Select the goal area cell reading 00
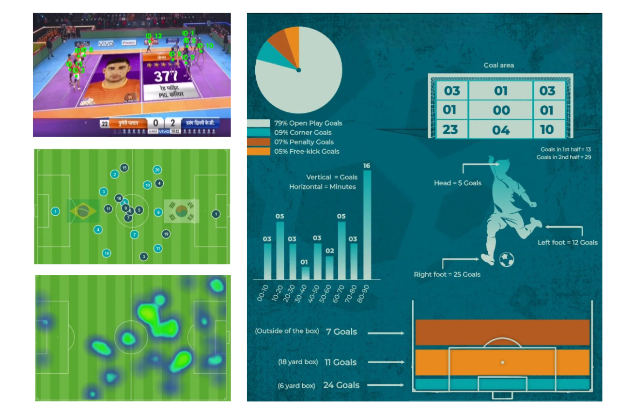pos(501,110)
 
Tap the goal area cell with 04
pos(501,130)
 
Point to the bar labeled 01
pos(305,273)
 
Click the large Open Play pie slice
pos(310,87)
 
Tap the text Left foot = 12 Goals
pos(568,242)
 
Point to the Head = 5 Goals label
pos(458,183)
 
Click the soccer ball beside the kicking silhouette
pos(506,260)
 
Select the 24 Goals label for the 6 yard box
pos(341,385)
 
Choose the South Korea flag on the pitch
pos(181,211)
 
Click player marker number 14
pos(107,253)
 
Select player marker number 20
pos(157,170)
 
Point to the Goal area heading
pos(499,65)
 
